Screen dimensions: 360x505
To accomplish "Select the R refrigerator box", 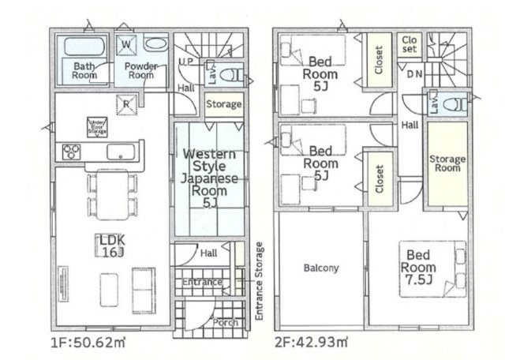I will tap(125, 103).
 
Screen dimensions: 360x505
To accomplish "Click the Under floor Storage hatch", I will tap(98, 126).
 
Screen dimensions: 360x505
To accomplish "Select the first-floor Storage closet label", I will tap(223, 104).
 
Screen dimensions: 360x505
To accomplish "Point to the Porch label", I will tap(226, 321).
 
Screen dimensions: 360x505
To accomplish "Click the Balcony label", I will tap(320, 268).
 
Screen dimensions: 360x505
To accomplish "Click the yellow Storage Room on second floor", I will tap(447, 164).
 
